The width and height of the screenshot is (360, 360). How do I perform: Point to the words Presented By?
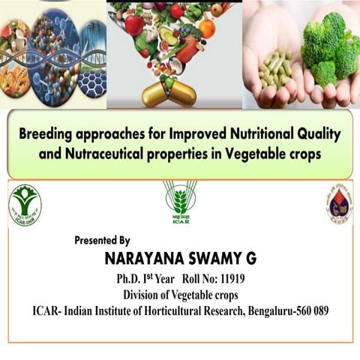tap(102, 241)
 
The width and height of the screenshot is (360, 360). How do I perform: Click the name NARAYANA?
tap(143, 259)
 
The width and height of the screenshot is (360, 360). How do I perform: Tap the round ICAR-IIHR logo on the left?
tap(25, 205)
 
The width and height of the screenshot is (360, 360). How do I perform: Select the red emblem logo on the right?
tap(339, 205)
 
